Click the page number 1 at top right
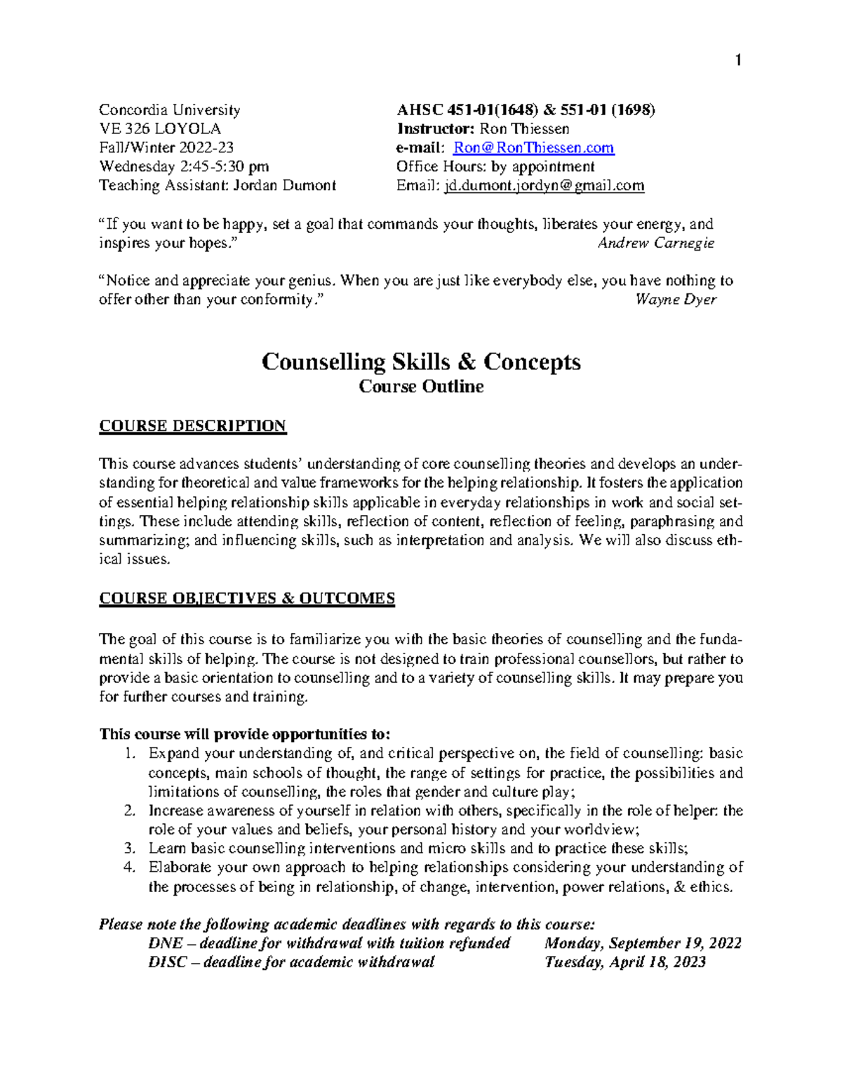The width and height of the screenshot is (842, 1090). pyautogui.click(x=737, y=61)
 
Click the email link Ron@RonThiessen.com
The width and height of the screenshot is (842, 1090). pyautogui.click(x=533, y=148)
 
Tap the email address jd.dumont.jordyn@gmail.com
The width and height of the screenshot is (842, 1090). pyautogui.click(x=544, y=186)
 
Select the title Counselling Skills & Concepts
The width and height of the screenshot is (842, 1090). pyautogui.click(x=421, y=362)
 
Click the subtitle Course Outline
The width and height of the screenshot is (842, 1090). pyautogui.click(x=421, y=387)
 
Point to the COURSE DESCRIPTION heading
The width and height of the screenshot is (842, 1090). pyautogui.click(x=192, y=426)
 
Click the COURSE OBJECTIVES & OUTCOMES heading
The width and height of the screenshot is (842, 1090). pyautogui.click(x=247, y=599)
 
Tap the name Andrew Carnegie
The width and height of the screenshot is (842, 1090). pyautogui.click(x=655, y=244)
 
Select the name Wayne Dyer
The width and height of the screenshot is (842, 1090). pyautogui.click(x=676, y=300)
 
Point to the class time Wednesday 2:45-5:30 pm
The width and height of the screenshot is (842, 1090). pyautogui.click(x=184, y=167)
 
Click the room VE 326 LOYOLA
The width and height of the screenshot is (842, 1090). pyautogui.click(x=160, y=129)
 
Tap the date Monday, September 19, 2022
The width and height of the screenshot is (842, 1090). pyautogui.click(x=643, y=943)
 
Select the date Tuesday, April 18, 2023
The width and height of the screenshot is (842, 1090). pyautogui.click(x=625, y=962)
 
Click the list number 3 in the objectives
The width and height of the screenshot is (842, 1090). pyautogui.click(x=128, y=849)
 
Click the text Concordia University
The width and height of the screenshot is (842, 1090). pyautogui.click(x=170, y=110)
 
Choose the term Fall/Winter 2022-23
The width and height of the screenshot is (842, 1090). pyautogui.click(x=166, y=148)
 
